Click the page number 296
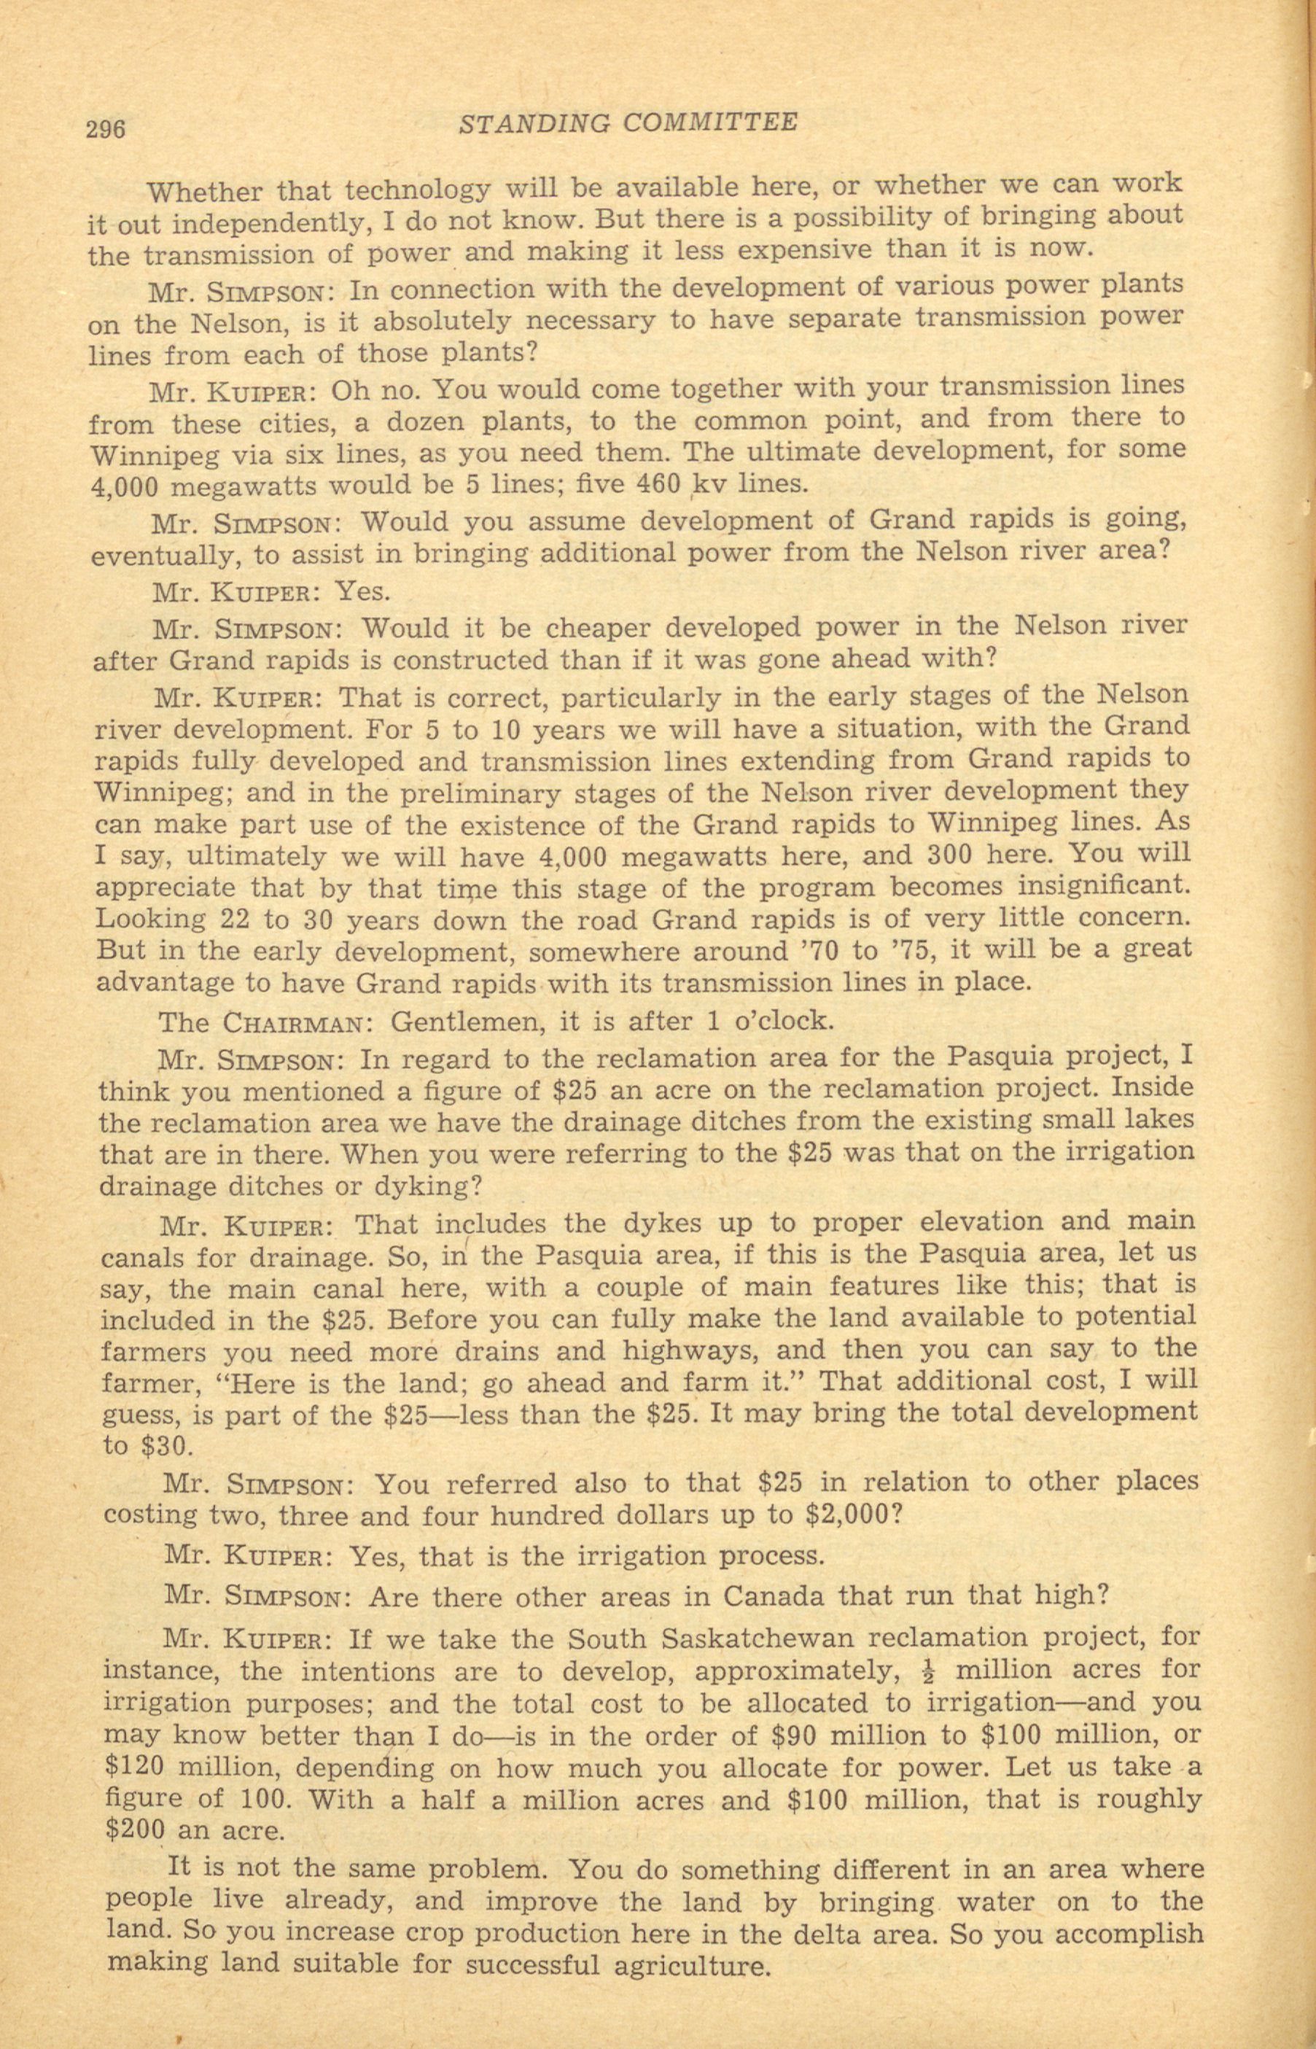pos(105,128)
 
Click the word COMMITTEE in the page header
pos(710,123)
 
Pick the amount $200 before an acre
pos(135,1831)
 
